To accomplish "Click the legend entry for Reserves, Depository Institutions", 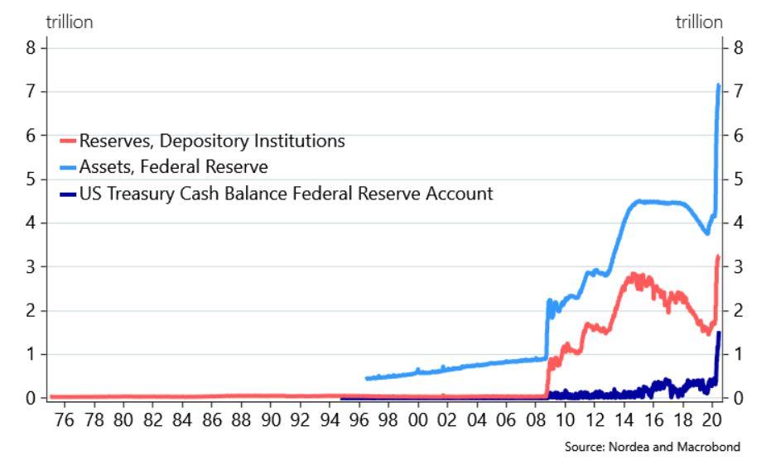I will (212, 141).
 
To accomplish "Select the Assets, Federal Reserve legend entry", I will (173, 168).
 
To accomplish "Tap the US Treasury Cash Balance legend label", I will (286, 194).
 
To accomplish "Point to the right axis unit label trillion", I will (699, 22).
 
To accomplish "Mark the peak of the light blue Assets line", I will (718, 84).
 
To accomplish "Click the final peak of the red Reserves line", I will (718, 256).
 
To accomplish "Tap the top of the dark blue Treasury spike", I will (718, 333).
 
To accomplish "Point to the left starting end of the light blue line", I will (366, 379).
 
